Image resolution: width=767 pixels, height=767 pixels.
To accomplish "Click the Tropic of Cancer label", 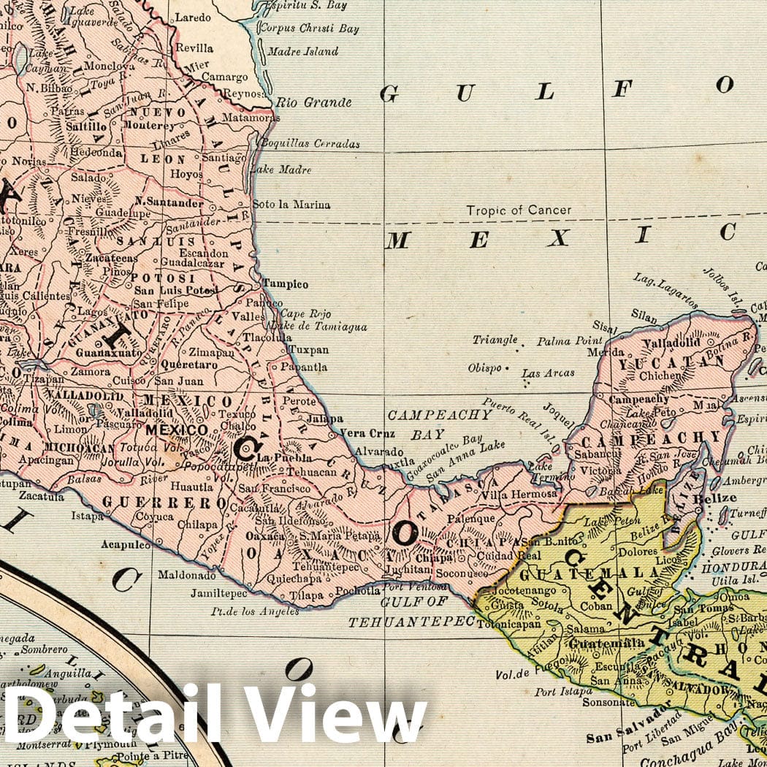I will pos(519,210).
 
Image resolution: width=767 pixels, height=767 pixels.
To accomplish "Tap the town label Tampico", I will pos(286,284).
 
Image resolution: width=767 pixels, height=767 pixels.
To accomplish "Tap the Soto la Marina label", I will pos(291,205).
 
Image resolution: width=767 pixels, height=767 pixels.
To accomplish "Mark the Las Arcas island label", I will pos(548,373).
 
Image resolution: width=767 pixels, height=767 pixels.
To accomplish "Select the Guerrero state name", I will pos(165,503).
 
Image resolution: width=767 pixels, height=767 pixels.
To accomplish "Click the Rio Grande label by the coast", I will pos(313,102).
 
